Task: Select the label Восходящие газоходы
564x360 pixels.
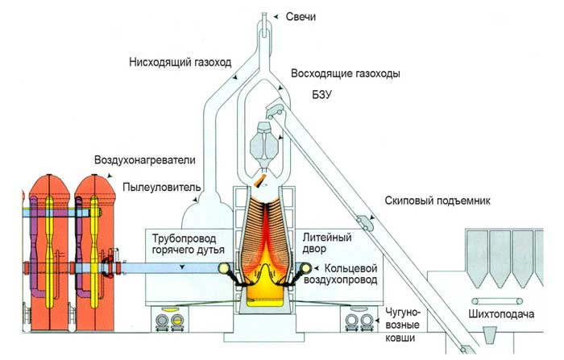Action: pyautogui.click(x=344, y=73)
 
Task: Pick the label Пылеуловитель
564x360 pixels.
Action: pyautogui.click(x=160, y=188)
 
